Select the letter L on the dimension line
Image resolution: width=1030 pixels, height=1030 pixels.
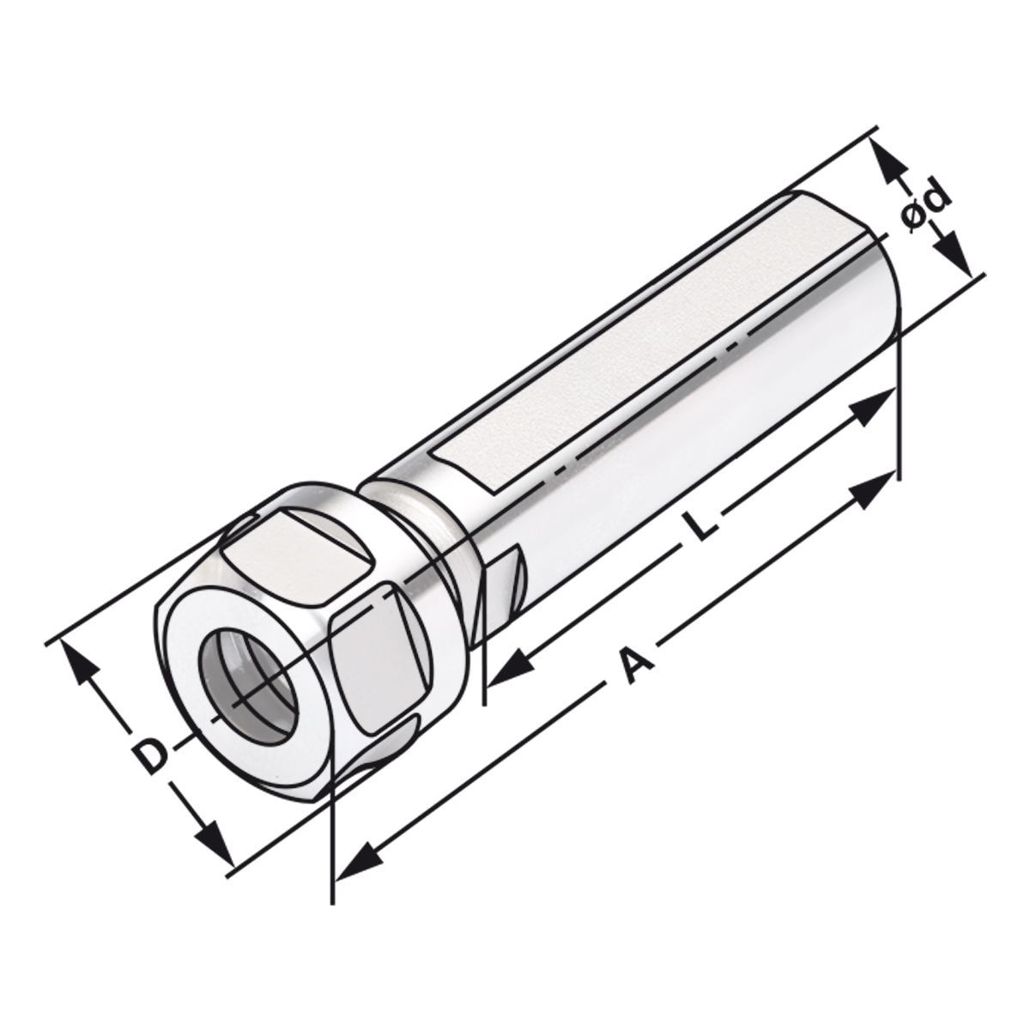[x=702, y=525]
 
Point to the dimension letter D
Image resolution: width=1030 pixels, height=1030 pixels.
[x=151, y=754]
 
